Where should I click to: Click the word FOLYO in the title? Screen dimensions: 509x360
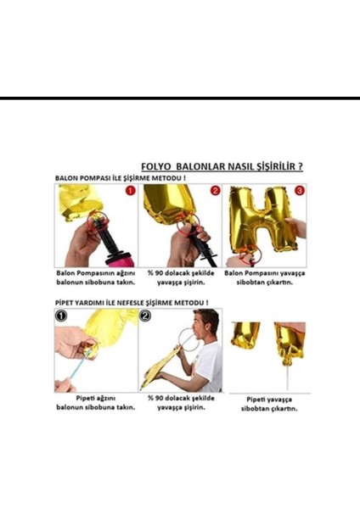pyautogui.click(x=158, y=168)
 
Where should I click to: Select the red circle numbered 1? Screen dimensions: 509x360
pyautogui.click(x=129, y=191)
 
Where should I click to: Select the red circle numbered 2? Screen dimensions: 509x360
pyautogui.click(x=215, y=191)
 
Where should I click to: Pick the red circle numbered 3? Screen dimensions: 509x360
pyautogui.click(x=299, y=191)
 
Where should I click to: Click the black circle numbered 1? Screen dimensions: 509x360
pyautogui.click(x=61, y=316)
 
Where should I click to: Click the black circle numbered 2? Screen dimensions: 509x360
pyautogui.click(x=145, y=316)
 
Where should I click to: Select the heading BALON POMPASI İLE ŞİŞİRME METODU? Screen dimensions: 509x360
pyautogui.click(x=120, y=179)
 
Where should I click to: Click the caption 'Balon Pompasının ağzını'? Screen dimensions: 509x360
pyautogui.click(x=95, y=274)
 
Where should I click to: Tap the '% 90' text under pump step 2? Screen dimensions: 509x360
pyautogui.click(x=156, y=274)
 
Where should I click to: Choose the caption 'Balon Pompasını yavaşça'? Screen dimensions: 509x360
pyautogui.click(x=265, y=274)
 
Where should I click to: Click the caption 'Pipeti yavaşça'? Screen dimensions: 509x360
pyautogui.click(x=265, y=399)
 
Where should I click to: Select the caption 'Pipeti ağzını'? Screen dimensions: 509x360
pyautogui.click(x=95, y=397)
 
